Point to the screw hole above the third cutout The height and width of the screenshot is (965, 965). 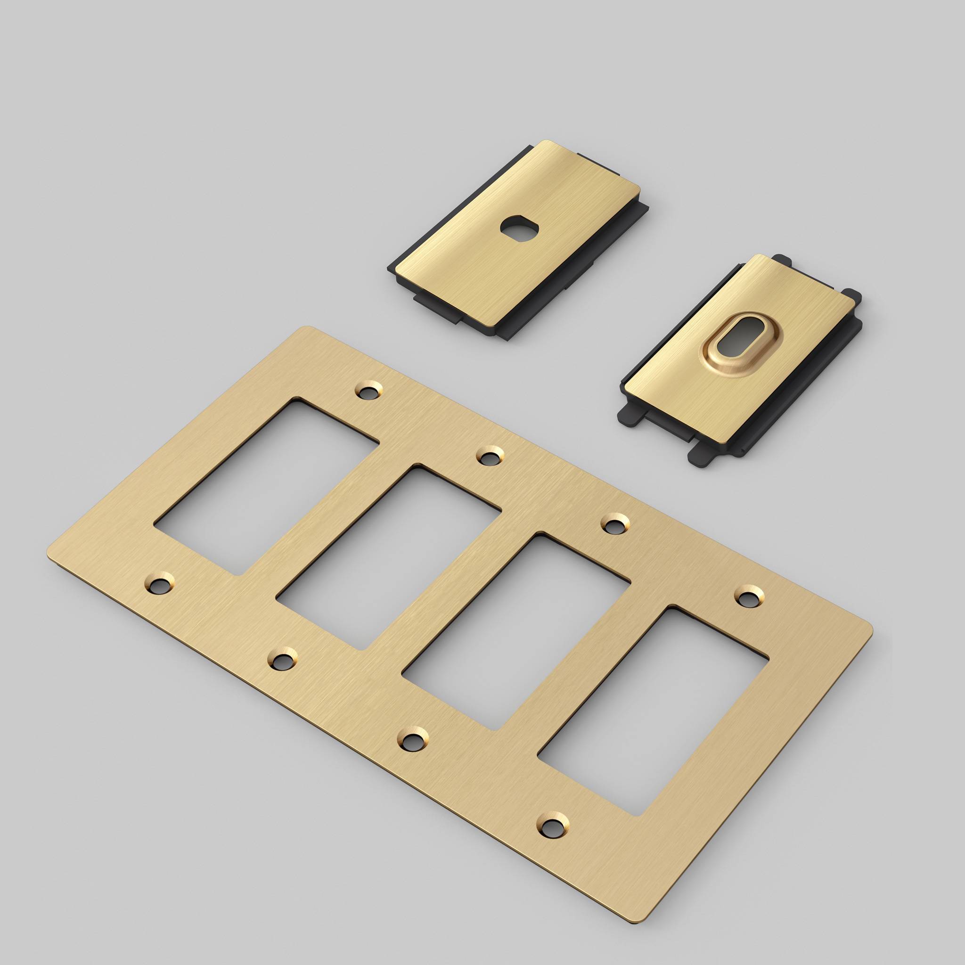(613, 524)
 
